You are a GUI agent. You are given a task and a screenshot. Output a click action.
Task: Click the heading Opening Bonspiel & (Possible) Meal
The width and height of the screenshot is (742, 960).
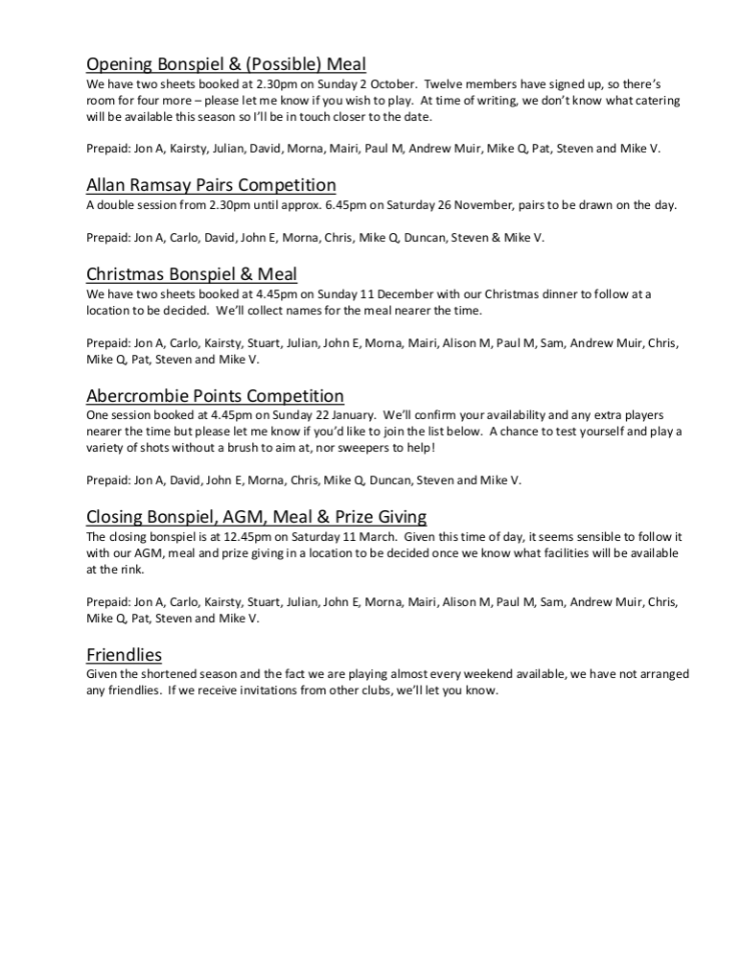(226, 64)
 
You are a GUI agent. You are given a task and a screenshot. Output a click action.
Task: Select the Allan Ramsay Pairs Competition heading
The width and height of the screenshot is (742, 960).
(211, 185)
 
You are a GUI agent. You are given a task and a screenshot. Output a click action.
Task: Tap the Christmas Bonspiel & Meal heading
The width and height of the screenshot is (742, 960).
(192, 274)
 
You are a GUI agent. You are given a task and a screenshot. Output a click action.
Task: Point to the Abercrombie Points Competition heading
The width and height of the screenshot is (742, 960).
(215, 395)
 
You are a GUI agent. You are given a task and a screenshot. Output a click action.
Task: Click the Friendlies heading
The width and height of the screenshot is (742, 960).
(124, 655)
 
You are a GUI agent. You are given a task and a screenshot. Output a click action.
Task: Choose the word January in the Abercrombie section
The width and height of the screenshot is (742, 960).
(337, 415)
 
